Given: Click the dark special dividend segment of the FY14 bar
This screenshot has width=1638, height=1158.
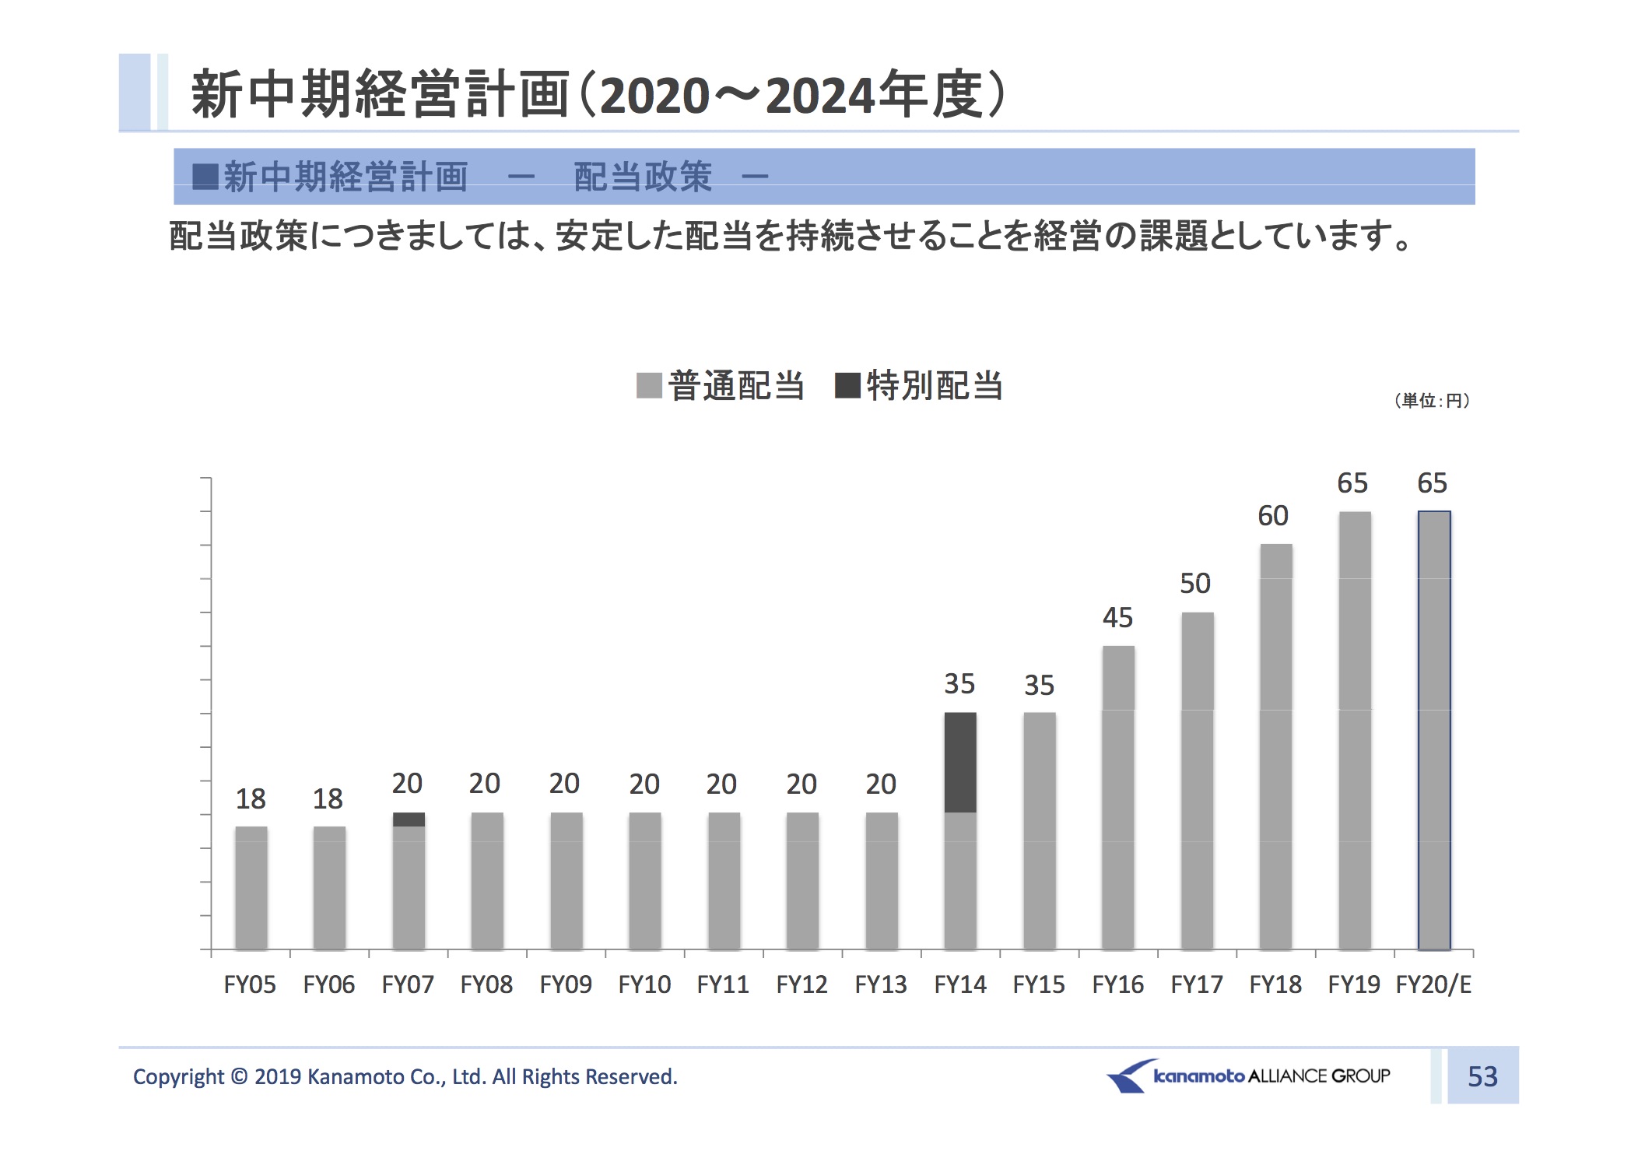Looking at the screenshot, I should (x=959, y=762).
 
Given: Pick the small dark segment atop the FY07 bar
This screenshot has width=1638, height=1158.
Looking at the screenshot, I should (x=409, y=819).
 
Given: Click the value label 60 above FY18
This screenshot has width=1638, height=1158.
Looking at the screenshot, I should (x=1273, y=516).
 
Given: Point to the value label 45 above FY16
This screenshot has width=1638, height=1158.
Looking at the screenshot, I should (x=1117, y=618).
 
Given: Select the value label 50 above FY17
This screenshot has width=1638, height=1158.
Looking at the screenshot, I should (x=1195, y=584).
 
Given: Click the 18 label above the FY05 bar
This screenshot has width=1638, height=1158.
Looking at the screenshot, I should (x=251, y=799).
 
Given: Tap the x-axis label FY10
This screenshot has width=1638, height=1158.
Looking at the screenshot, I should (x=644, y=985).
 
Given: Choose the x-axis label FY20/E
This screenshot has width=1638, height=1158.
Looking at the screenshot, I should (x=1433, y=985).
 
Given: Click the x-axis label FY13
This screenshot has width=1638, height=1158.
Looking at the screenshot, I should (x=881, y=985).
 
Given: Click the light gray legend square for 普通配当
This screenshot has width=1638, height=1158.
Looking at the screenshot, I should (x=649, y=385).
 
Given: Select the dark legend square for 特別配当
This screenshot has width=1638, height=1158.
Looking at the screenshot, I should (x=847, y=385).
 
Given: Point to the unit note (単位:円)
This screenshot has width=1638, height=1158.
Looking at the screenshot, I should (x=1432, y=401).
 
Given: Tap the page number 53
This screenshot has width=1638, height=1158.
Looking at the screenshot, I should (x=1482, y=1076).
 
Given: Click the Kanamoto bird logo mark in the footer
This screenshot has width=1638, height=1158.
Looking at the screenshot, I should (x=1128, y=1076).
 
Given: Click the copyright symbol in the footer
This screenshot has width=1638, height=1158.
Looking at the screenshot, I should (x=240, y=1077).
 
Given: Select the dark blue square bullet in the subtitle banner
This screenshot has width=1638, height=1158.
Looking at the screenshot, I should (x=205, y=177).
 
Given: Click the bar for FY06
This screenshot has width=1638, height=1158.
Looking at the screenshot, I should (x=329, y=888).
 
